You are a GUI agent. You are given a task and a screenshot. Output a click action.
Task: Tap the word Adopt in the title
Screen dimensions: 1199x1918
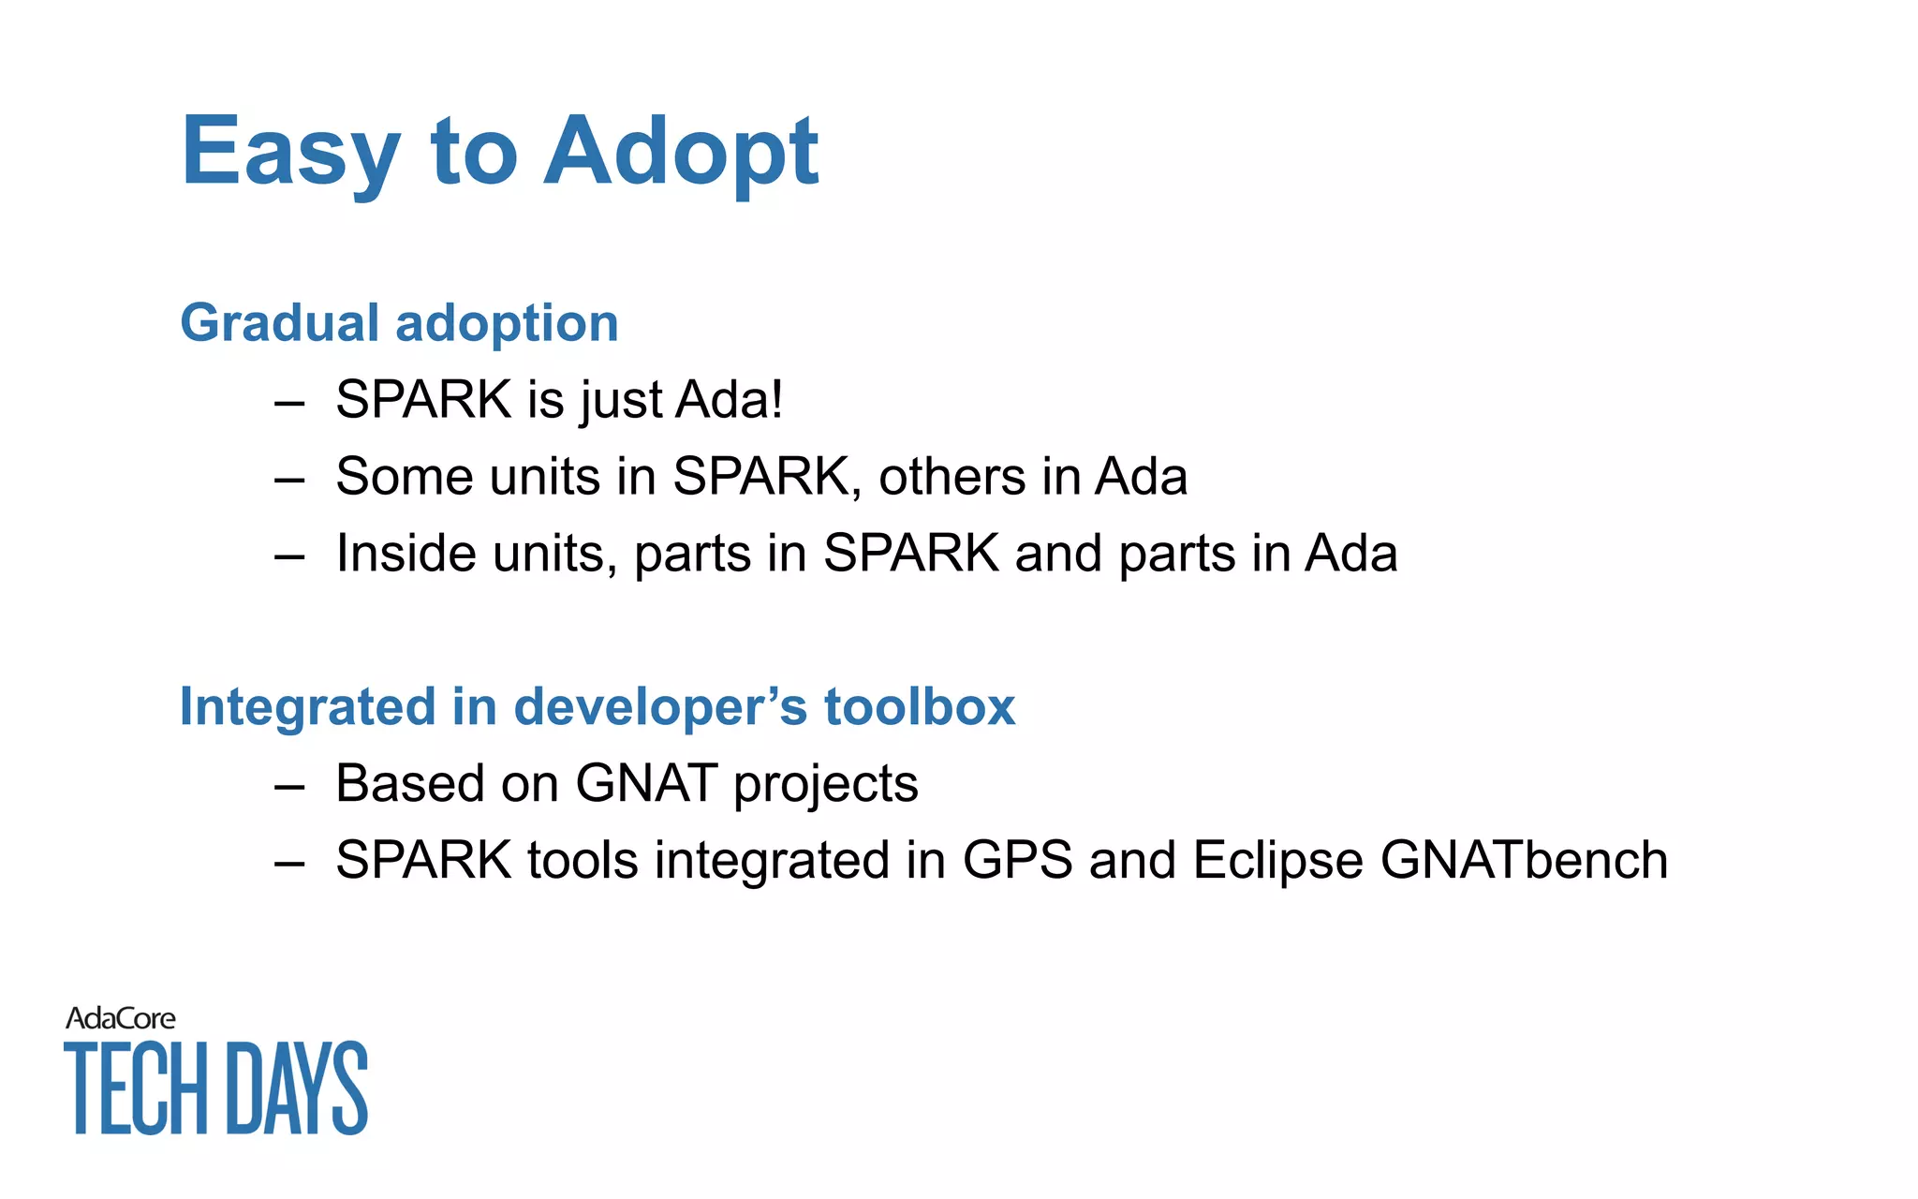[681, 152]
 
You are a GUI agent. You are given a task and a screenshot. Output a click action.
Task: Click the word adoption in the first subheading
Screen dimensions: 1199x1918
[507, 325]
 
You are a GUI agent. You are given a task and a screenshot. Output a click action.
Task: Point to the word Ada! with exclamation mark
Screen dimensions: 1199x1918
[729, 400]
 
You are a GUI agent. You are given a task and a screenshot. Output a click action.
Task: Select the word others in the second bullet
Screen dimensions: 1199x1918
[952, 477]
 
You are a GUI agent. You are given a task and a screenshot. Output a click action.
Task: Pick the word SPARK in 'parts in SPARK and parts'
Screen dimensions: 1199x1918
[910, 554]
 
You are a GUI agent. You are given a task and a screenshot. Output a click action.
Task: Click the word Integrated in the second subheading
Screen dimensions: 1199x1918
[307, 707]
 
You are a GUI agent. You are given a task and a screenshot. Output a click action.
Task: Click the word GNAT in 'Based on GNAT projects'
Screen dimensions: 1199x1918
[646, 784]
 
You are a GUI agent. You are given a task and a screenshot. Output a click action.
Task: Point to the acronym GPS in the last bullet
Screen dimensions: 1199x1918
[1017, 861]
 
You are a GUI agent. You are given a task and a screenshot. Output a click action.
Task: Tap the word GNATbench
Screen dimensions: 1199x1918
[1524, 861]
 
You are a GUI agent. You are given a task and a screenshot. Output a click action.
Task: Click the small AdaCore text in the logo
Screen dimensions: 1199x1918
[120, 1019]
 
